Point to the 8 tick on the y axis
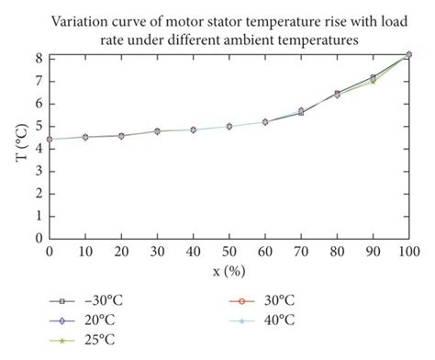click(x=38, y=57)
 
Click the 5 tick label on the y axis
click(x=38, y=125)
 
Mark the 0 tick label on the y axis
click(x=38, y=237)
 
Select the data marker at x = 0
click(x=50, y=140)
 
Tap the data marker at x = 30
click(x=157, y=131)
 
